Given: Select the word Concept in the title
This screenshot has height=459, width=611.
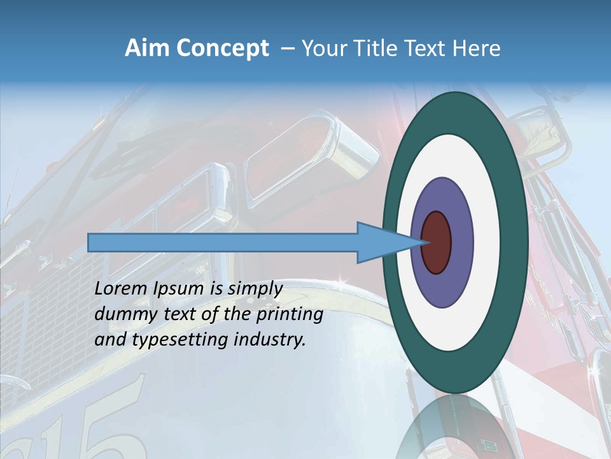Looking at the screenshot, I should (x=223, y=48).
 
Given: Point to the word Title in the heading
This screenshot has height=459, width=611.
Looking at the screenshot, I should (x=381, y=48).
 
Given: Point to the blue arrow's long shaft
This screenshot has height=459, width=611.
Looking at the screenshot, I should (x=223, y=242).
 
